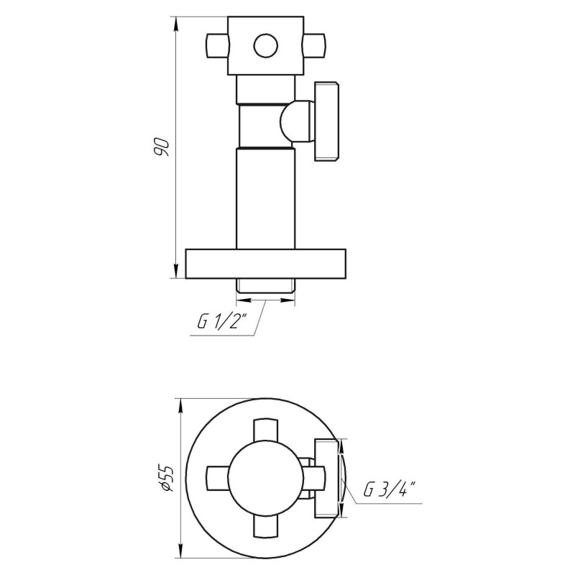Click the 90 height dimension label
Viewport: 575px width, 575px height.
coord(162,146)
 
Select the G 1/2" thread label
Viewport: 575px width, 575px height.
coord(222,323)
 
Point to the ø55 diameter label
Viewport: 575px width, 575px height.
coord(165,478)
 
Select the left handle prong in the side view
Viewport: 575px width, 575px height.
coord(216,46)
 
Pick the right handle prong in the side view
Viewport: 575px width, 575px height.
coord(312,46)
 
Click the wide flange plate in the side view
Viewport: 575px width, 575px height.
coord(266,264)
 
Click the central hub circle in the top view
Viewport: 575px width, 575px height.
coord(265,478)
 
